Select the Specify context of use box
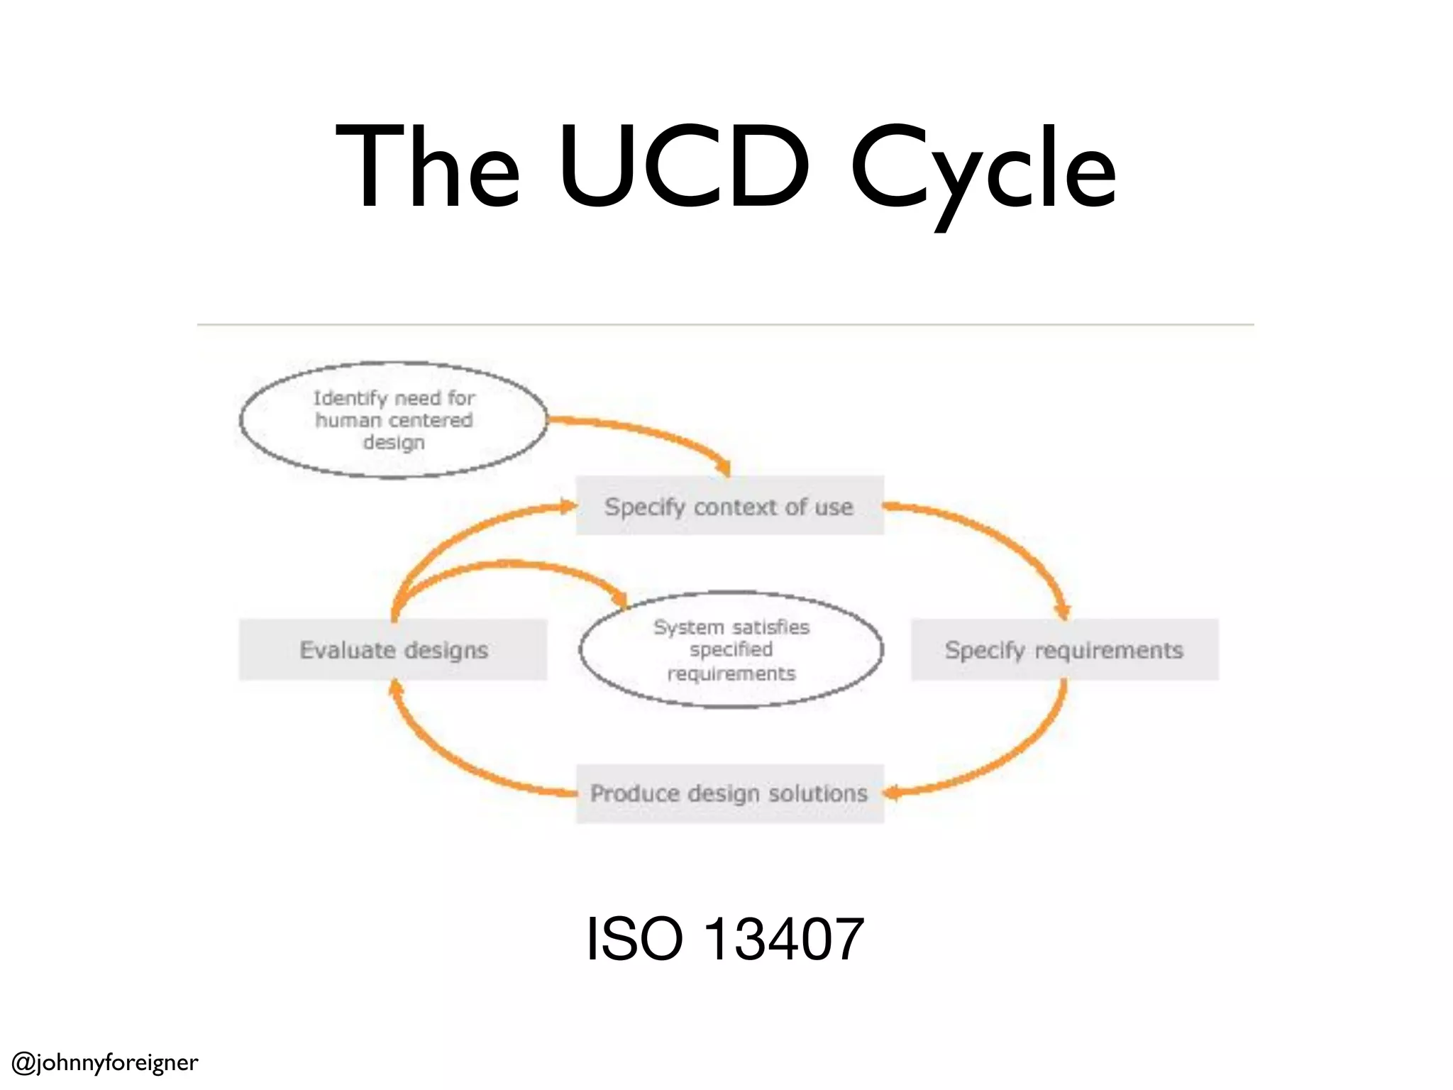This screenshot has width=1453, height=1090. click(x=729, y=506)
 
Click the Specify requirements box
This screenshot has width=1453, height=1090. click(x=1064, y=650)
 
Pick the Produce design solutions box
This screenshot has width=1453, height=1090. click(x=729, y=793)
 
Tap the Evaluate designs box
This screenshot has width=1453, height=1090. click(x=393, y=650)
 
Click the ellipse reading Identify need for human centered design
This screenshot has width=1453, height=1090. click(x=393, y=420)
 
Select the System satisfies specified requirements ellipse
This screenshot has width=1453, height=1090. click(x=731, y=650)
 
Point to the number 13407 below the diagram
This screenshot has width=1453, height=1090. click(x=785, y=940)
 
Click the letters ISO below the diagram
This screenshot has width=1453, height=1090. click(x=635, y=940)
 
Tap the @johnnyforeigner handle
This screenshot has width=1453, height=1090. click(x=105, y=1062)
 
